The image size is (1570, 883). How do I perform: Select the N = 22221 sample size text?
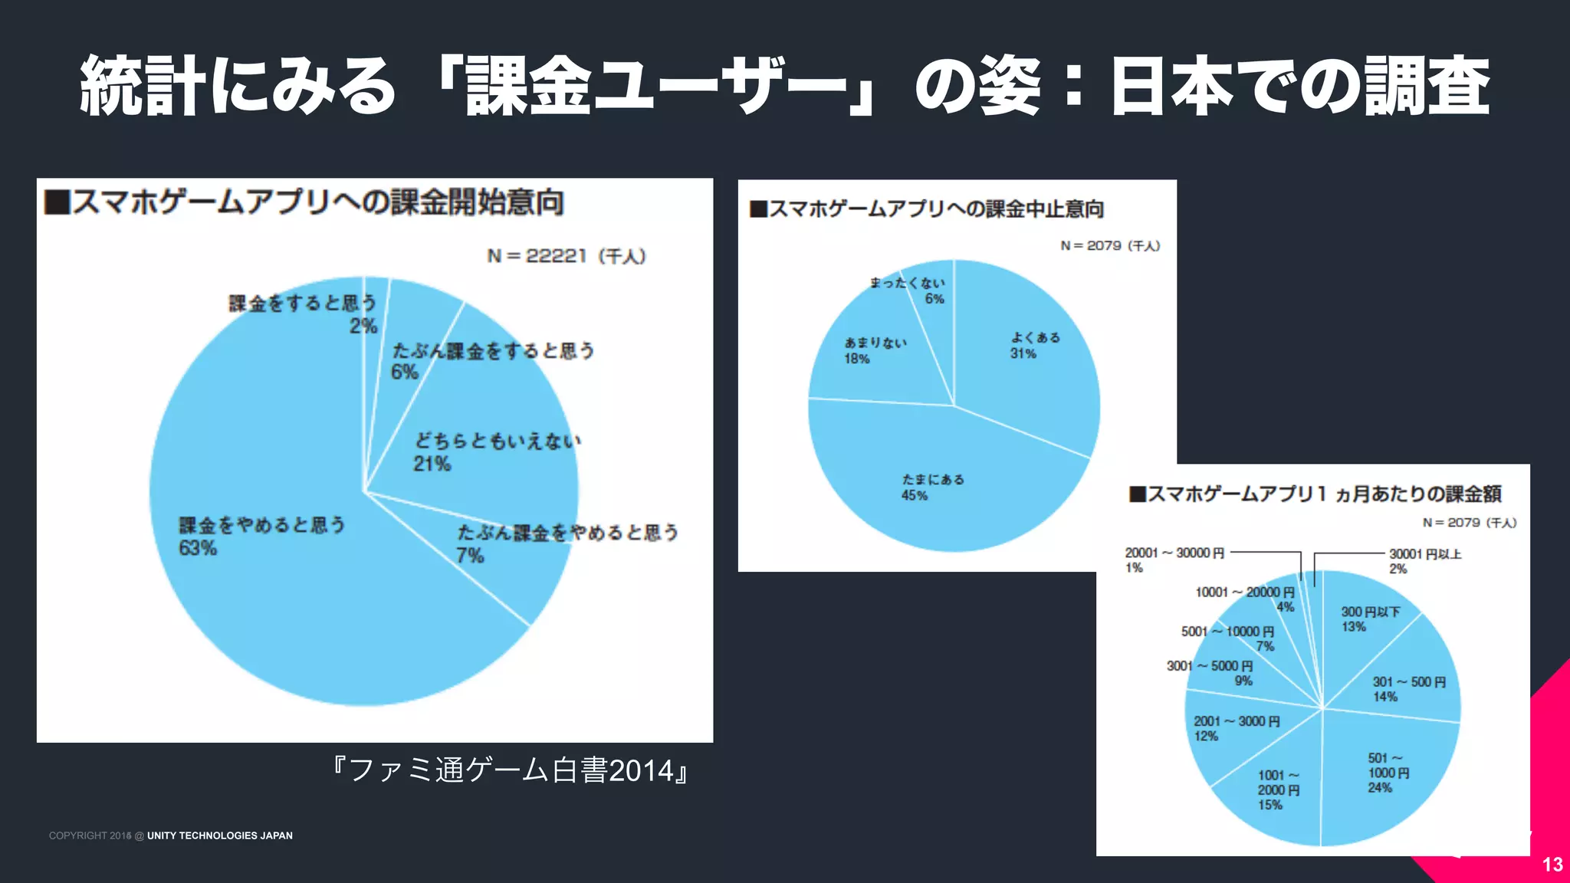567,256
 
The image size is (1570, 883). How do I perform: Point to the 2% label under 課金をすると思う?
363,326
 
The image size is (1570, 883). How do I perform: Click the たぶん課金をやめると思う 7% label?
567,543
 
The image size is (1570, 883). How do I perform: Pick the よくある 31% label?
1034,345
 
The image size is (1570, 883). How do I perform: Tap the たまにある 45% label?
932,487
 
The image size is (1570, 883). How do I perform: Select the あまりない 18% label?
875,350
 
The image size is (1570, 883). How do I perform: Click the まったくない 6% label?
908,291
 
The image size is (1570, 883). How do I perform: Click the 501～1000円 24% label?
1388,773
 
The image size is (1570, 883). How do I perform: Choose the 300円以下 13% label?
1369,619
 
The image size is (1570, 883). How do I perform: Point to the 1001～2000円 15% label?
1278,789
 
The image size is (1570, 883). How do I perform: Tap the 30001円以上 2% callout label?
1424,561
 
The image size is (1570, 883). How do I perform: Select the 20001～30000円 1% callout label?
1174,560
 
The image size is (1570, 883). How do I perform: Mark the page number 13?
1552,865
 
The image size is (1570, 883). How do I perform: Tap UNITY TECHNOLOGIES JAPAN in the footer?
220,835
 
